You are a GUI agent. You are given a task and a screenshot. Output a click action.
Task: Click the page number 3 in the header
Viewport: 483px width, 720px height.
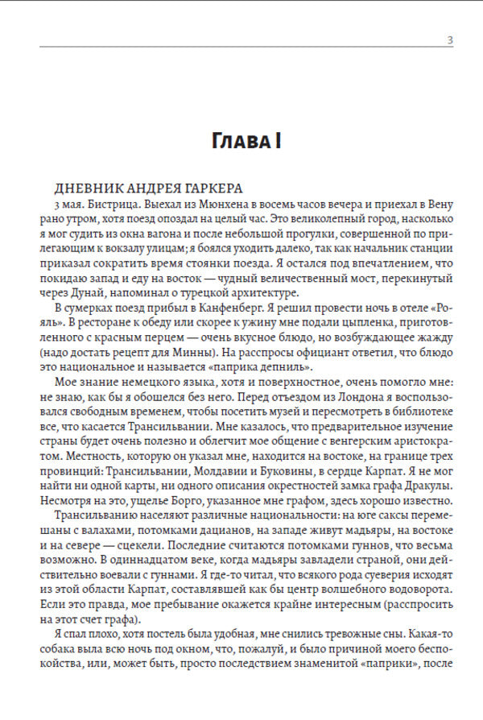pyautogui.click(x=450, y=41)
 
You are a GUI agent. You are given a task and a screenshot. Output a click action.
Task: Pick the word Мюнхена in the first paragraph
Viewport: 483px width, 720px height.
pyautogui.click(x=213, y=205)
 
